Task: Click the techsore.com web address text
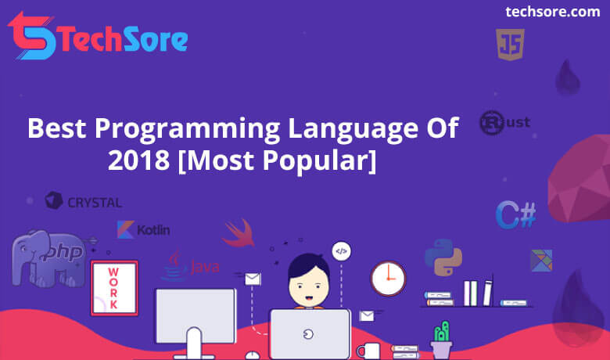[x=552, y=12]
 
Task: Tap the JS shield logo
[x=510, y=45]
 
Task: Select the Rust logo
[x=504, y=123]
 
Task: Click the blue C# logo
[x=516, y=214]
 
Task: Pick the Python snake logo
[x=443, y=257]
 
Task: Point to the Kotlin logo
[x=143, y=229]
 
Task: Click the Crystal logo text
[x=95, y=203]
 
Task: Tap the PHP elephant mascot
[x=49, y=258]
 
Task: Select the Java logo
[x=190, y=266]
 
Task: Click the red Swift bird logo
[x=239, y=233]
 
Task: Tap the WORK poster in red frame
[x=114, y=288]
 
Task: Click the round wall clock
[x=388, y=279]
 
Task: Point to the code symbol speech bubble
[x=341, y=251]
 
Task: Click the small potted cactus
[x=441, y=340]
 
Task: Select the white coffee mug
[x=368, y=351]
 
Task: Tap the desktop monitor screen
[x=196, y=316]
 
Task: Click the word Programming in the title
[x=187, y=129]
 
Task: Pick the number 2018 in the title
[x=139, y=160]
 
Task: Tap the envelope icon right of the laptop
[x=367, y=315]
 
